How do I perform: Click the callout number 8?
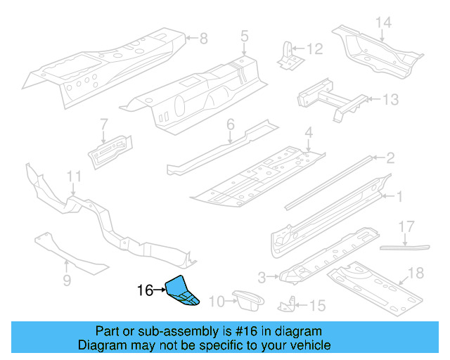click(x=205, y=38)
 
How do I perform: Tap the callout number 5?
click(x=245, y=35)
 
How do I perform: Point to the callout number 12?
click(x=314, y=49)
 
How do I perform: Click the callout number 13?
click(x=390, y=99)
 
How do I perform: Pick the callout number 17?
click(x=406, y=226)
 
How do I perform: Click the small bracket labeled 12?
click(x=286, y=56)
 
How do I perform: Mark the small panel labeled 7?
click(x=108, y=150)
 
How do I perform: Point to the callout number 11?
click(x=75, y=176)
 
